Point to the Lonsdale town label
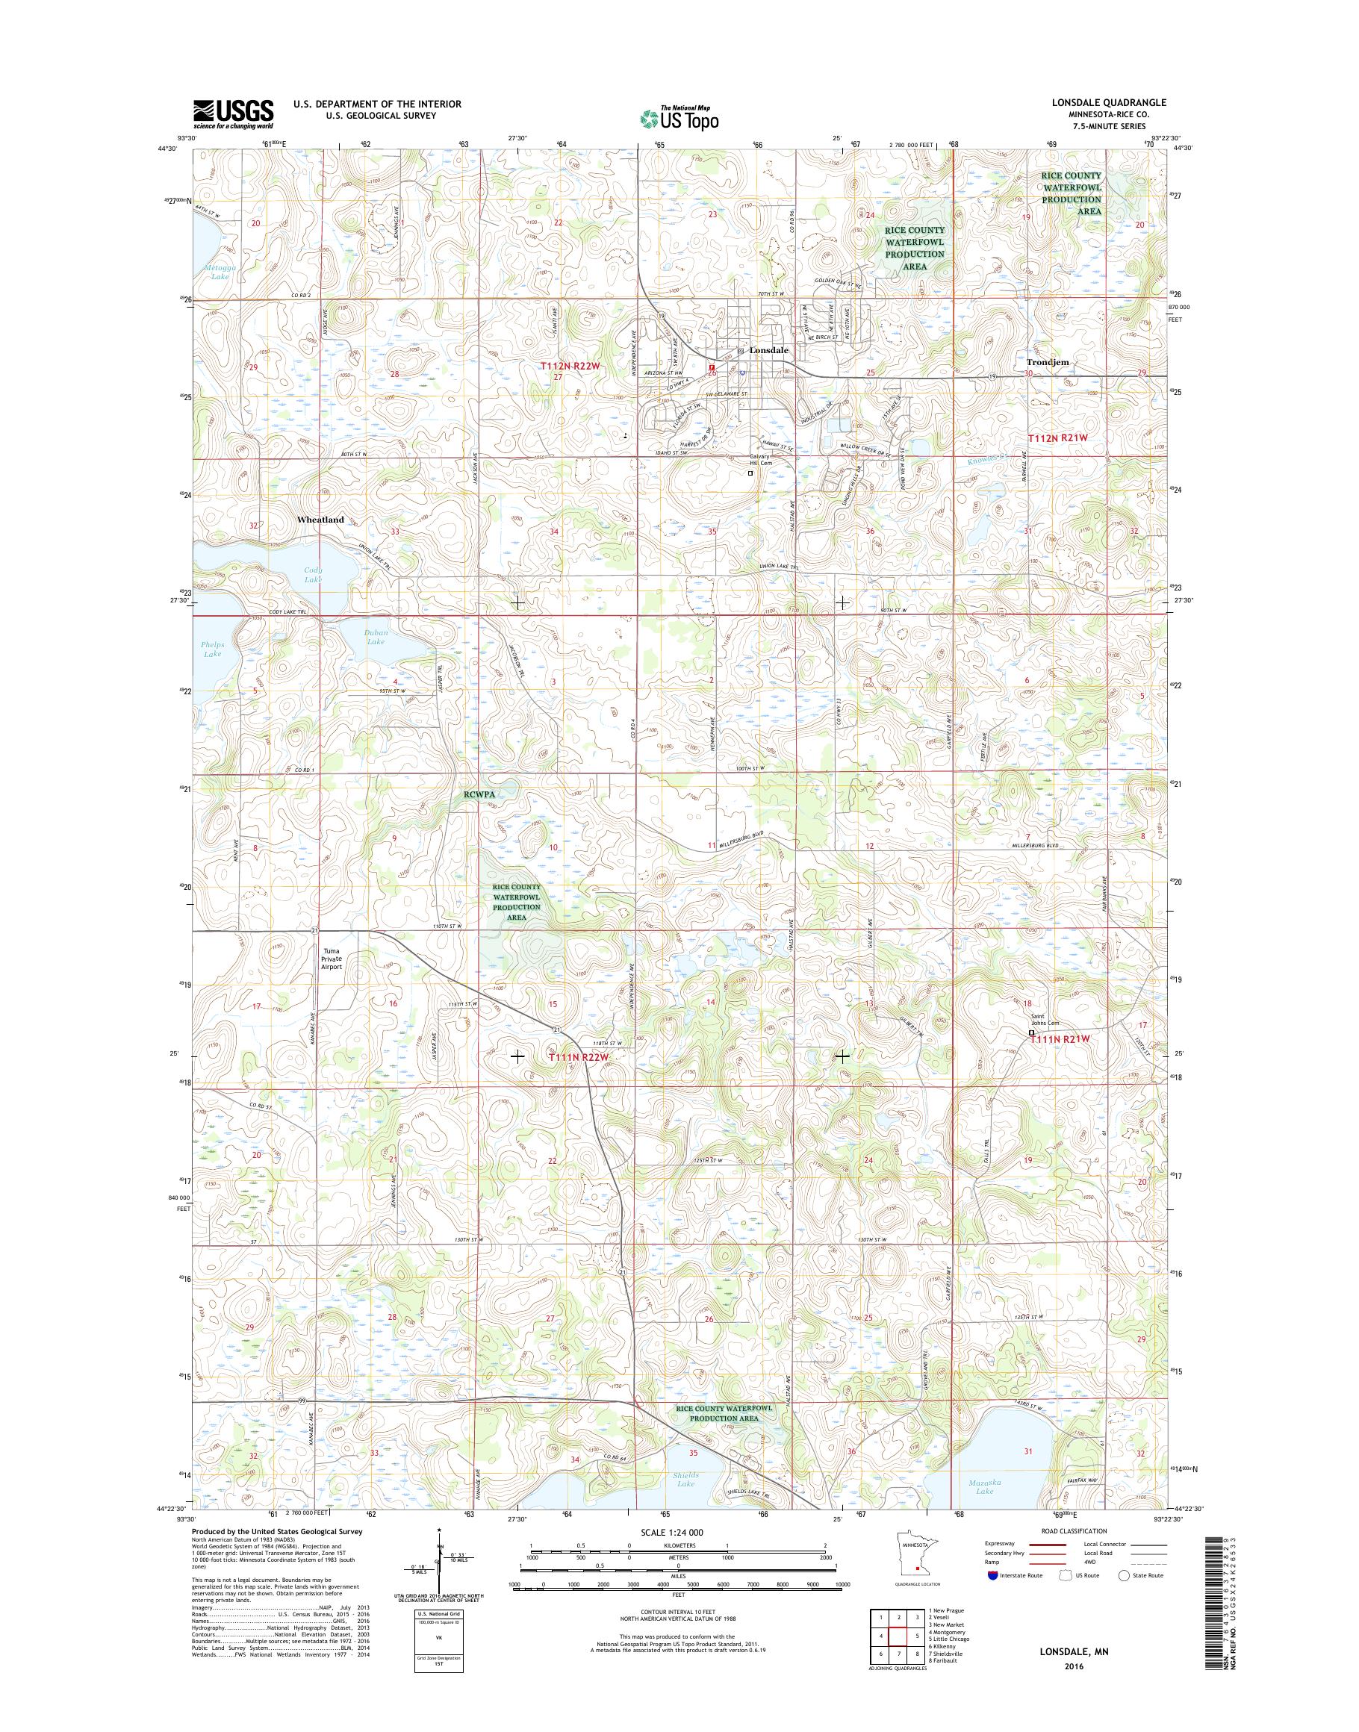point(768,350)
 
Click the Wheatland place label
point(320,520)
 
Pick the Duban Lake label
point(375,638)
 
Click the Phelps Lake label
point(213,649)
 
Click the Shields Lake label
point(685,1480)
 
